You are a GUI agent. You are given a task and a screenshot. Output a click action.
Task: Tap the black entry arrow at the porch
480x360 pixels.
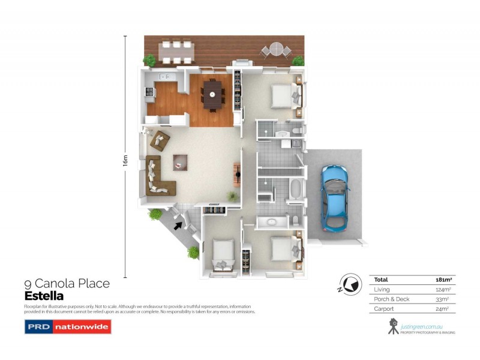coord(178,226)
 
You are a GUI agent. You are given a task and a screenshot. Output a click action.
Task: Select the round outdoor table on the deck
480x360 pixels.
coord(275,48)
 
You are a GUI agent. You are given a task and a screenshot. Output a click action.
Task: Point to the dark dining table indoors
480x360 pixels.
coord(212,94)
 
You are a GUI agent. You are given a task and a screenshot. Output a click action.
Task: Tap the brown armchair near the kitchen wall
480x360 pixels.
coord(160,140)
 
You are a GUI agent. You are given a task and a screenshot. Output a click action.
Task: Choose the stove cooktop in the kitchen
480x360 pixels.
coord(149,92)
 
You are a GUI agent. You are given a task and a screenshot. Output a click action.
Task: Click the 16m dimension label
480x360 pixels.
coord(125,161)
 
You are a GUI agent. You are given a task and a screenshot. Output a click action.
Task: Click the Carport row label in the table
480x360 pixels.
coord(384,310)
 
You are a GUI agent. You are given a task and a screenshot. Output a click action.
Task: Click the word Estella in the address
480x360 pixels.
coord(44,296)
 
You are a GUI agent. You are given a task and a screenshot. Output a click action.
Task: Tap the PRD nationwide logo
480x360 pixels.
coord(67,327)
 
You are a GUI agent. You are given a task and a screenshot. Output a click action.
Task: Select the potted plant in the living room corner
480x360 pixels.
coord(232,196)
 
